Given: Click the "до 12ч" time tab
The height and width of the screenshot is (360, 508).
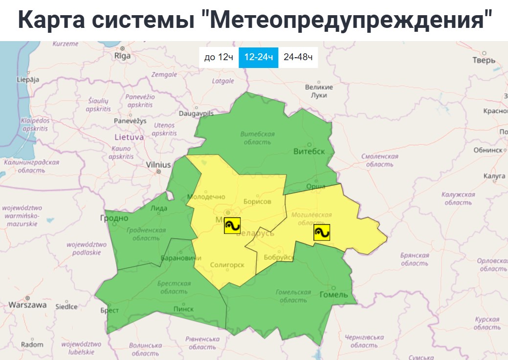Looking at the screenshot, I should click(x=219, y=57).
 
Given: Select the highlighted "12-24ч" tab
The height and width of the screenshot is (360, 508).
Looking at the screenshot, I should click(x=258, y=57).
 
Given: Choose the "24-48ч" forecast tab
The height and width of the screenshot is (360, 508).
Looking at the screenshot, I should click(x=298, y=57).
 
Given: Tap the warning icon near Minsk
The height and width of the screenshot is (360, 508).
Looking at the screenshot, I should click(x=232, y=225).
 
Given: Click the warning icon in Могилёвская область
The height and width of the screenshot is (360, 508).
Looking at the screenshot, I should click(x=322, y=232).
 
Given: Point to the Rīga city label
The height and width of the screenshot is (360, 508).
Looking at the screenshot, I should click(x=122, y=55).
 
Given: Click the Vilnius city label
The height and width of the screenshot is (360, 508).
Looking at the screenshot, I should click(x=158, y=165).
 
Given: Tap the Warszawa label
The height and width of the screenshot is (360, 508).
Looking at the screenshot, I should click(x=27, y=305).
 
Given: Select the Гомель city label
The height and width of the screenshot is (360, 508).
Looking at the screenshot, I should click(x=333, y=294).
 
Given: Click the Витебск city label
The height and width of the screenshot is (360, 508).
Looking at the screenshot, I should click(x=309, y=151).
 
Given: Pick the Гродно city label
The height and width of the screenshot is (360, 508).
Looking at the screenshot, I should click(x=114, y=218).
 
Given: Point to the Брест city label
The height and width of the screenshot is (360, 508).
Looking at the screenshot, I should click(x=110, y=310).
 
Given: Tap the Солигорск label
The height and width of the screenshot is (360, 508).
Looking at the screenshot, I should click(x=226, y=265).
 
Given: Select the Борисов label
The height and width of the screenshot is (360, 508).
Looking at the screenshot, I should click(x=256, y=202).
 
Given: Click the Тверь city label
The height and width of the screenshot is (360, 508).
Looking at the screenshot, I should click(x=484, y=60).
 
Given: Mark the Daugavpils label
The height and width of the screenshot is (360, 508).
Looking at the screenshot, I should click(x=196, y=113).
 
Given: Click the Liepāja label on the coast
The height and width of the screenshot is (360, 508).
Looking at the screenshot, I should click(x=27, y=79).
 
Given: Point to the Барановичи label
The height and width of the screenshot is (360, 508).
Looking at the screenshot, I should click(x=180, y=258).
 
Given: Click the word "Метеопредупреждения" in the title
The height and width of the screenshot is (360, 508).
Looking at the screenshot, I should click(x=349, y=20).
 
